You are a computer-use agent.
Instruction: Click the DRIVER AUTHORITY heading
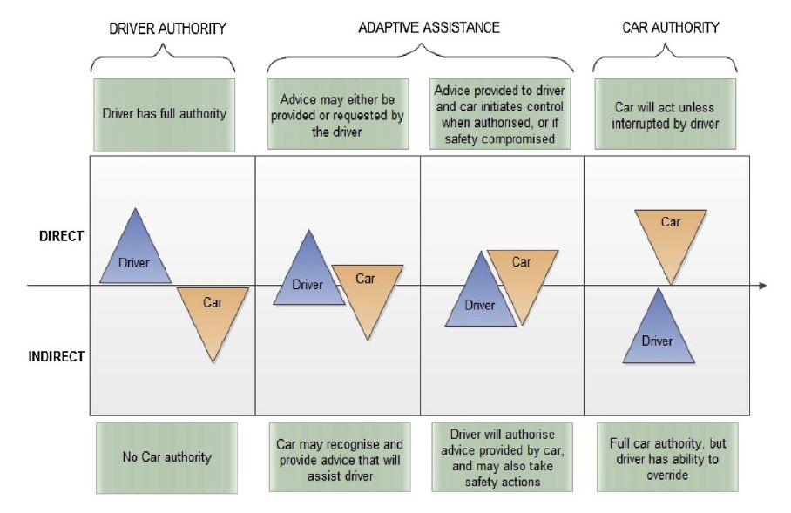coord(167,28)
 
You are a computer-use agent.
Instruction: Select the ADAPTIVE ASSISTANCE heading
coord(429,27)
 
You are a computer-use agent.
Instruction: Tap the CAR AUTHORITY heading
coord(671,27)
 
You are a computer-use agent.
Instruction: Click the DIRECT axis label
coord(61,236)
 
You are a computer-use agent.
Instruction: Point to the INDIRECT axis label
coord(56,356)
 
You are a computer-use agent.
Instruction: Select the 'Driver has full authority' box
coord(164,114)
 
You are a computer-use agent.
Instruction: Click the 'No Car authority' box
coord(166,457)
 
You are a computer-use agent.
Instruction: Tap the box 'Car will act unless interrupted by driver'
coord(665,114)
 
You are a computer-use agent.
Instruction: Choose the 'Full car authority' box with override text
coord(667,457)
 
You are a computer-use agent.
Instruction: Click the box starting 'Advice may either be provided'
coord(338,114)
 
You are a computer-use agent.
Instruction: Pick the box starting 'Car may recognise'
coord(340,457)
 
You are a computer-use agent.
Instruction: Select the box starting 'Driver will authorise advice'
coord(502,457)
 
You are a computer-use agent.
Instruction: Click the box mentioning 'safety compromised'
coord(500,114)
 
